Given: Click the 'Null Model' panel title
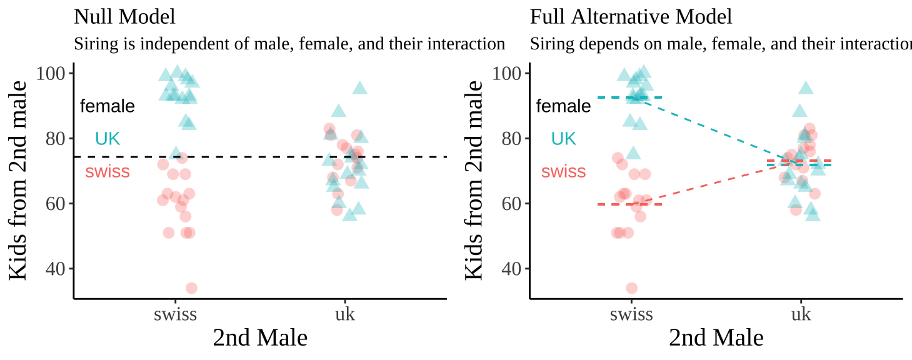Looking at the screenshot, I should pyautogui.click(x=124, y=17).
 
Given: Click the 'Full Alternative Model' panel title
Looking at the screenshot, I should pyautogui.click(x=631, y=17).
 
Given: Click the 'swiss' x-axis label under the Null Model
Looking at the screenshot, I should pyautogui.click(x=175, y=313).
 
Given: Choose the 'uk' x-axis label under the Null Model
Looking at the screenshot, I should pyautogui.click(x=344, y=313).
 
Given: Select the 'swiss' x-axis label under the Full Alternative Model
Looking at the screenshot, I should pyautogui.click(x=631, y=313).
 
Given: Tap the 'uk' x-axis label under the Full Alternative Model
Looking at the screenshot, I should pyautogui.click(x=801, y=313).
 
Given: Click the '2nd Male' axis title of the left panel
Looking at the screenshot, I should pyautogui.click(x=260, y=338).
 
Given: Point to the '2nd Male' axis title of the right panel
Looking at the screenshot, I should pyautogui.click(x=716, y=338).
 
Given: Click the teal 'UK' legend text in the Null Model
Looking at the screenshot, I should pyautogui.click(x=107, y=139).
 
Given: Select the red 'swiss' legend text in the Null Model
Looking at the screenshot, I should pyautogui.click(x=108, y=172).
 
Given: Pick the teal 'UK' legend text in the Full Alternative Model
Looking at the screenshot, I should pyautogui.click(x=563, y=139).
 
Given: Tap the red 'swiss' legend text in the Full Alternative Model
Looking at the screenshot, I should pyautogui.click(x=563, y=172).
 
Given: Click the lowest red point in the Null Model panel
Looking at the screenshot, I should pyautogui.click(x=191, y=288).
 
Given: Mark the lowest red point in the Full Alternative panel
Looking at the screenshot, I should pyautogui.click(x=632, y=288).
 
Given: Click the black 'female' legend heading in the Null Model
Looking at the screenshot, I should pyautogui.click(x=107, y=106).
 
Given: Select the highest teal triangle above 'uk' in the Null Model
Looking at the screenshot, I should pyautogui.click(x=359, y=88).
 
